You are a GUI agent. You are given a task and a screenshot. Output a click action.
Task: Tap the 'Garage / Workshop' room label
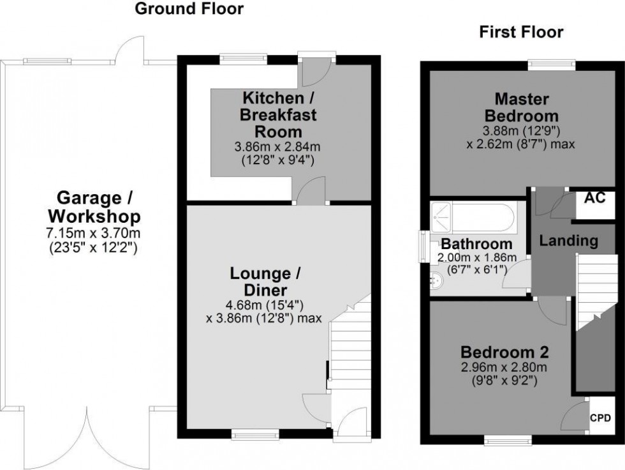click(x=89, y=206)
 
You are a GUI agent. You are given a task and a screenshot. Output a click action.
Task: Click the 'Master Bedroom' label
click(x=522, y=108)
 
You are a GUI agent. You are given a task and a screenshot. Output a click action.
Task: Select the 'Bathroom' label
click(x=476, y=244)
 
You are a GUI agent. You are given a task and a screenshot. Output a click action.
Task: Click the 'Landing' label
click(x=568, y=241)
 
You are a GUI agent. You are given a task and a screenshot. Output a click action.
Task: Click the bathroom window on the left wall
click(x=422, y=246)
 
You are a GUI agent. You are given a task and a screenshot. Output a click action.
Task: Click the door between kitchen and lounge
click(x=309, y=192)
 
